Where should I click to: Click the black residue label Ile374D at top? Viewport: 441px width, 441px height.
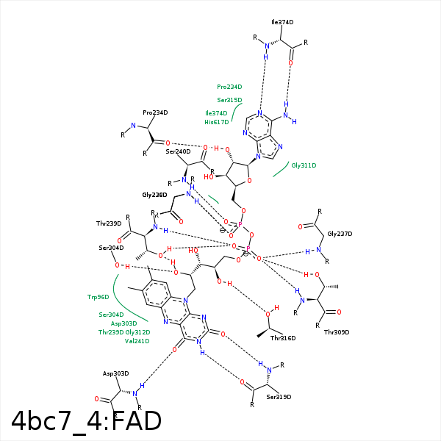click(282, 22)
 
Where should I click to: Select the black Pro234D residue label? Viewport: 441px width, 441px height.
click(155, 112)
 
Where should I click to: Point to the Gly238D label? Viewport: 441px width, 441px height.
click(154, 195)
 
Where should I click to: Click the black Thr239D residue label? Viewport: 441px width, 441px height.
click(109, 223)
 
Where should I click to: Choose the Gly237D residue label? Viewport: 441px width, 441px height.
click(340, 233)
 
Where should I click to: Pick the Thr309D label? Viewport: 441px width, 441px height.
click(336, 331)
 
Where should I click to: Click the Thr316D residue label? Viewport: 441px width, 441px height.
click(283, 338)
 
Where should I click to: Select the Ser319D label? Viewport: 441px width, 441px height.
click(279, 397)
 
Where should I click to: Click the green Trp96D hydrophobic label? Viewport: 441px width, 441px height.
click(98, 297)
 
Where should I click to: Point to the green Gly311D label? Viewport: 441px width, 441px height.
click(304, 165)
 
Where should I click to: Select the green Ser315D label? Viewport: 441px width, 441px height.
click(229, 100)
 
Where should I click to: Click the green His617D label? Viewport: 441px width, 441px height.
click(217, 121)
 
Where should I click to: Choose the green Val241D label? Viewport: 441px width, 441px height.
click(137, 341)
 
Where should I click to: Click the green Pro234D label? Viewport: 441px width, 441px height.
click(229, 86)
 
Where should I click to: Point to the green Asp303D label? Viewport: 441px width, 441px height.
click(124, 323)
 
